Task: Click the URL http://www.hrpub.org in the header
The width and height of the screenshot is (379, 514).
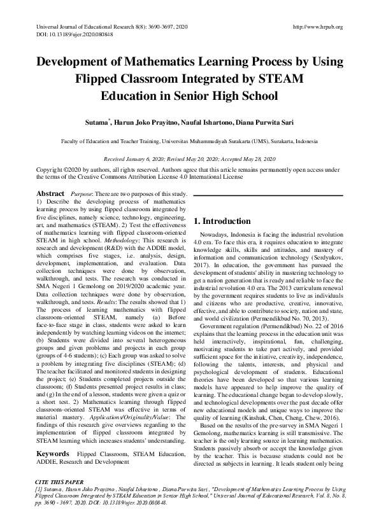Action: [x=317, y=27]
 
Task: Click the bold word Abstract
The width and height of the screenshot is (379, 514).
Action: [x=50, y=193]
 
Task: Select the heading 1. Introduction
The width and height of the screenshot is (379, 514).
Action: [x=222, y=221]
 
